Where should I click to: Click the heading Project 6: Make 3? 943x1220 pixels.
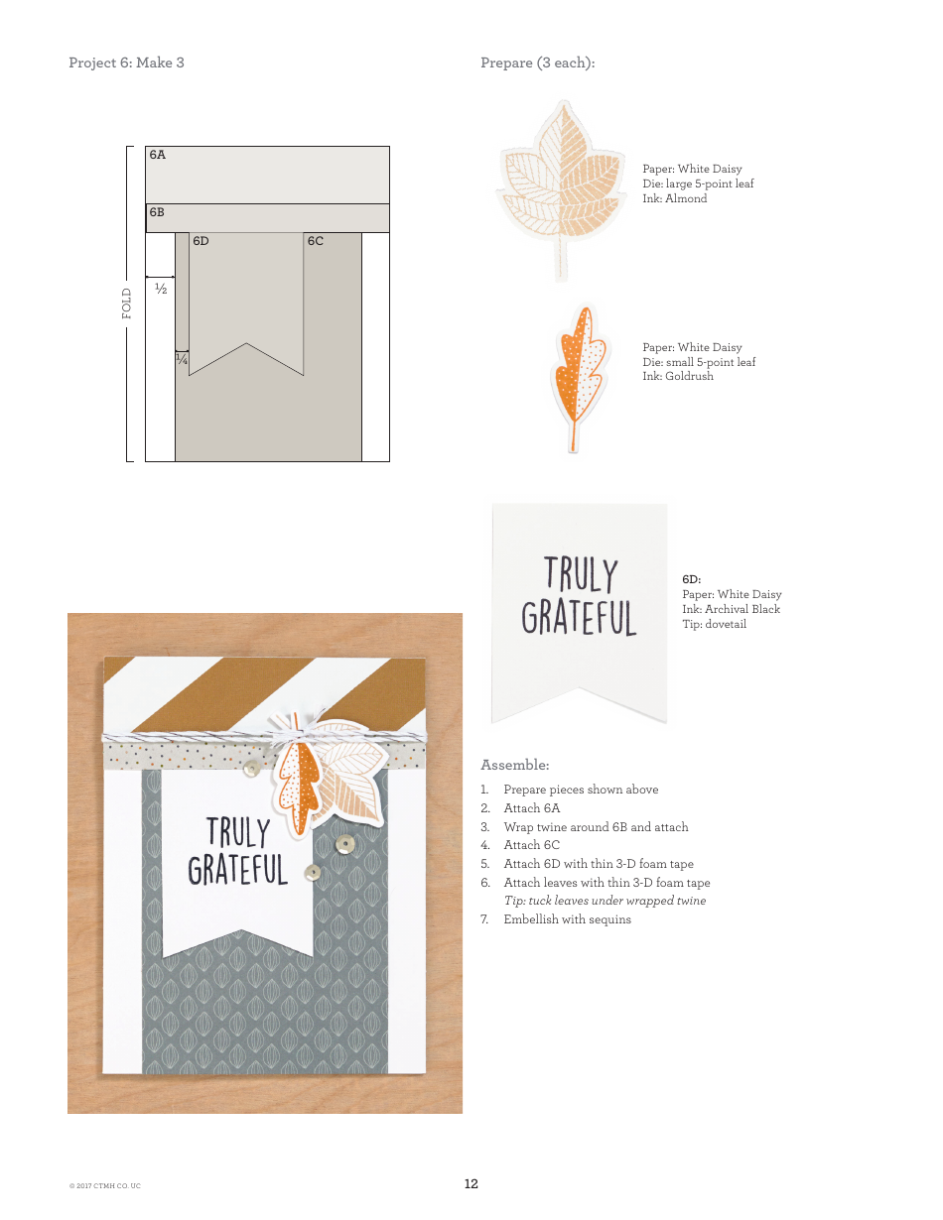point(126,62)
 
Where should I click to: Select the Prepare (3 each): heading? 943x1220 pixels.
point(537,62)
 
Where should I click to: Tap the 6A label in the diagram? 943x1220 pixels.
point(158,156)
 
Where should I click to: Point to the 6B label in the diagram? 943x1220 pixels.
point(157,212)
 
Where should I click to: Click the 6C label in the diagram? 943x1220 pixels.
point(315,241)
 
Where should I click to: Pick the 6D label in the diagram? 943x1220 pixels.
point(201,241)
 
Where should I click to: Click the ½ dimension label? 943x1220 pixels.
point(160,289)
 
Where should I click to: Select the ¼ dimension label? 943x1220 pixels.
point(182,359)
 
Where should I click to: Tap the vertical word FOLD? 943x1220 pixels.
point(127,303)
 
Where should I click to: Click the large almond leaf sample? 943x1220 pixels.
point(562,187)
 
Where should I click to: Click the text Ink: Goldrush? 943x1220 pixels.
point(677,377)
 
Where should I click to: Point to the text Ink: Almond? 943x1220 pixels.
point(674,198)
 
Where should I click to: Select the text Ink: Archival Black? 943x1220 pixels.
point(731,609)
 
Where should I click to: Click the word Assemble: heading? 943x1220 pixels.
point(514,765)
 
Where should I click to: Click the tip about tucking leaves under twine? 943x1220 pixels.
point(605,901)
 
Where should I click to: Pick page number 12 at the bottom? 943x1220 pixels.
point(471,1183)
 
